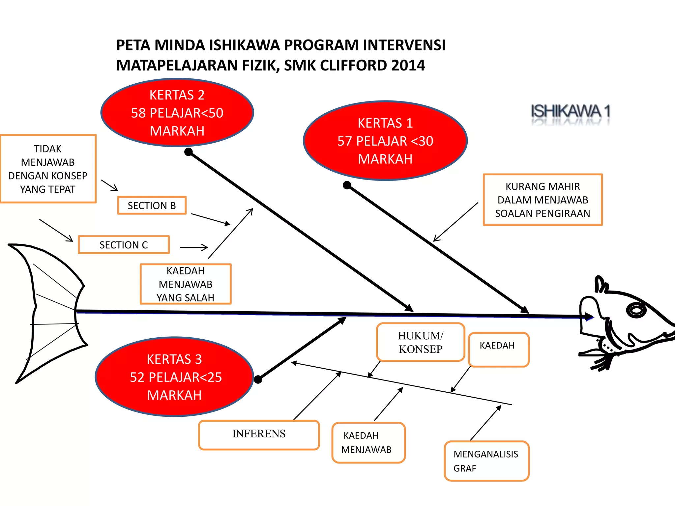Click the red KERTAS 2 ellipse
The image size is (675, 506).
[177, 113]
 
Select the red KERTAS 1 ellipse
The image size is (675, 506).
[385, 141]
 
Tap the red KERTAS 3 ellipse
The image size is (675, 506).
[175, 377]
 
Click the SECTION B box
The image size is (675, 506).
[152, 205]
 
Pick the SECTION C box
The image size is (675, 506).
[124, 245]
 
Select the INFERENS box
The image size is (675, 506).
[259, 435]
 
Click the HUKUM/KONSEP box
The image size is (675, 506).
[421, 342]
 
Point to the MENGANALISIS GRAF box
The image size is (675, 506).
[486, 461]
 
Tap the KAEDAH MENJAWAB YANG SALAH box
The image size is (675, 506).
[186, 284]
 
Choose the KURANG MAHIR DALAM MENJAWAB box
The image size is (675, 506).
[543, 200]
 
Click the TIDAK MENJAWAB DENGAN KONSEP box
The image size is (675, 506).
[48, 169]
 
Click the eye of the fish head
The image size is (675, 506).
[636, 310]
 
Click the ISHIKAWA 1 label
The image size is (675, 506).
[570, 111]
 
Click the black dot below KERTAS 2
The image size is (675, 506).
[189, 152]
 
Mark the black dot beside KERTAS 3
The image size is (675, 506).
[258, 379]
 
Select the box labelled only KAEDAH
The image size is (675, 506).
[498, 349]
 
